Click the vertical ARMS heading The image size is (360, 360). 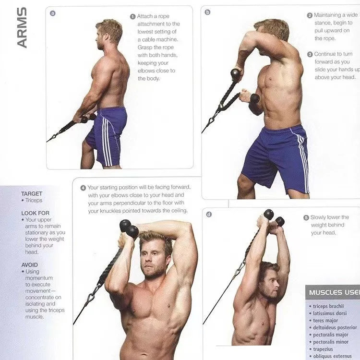[x=22, y=27]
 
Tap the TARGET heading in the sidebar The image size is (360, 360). [x=32, y=194]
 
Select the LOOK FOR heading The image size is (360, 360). [x=35, y=213]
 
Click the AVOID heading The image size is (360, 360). [x=29, y=264]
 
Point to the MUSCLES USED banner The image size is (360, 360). [x=332, y=292]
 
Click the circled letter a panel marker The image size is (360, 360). [x=53, y=13]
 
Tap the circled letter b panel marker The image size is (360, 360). [x=207, y=12]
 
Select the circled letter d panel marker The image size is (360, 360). [x=209, y=214]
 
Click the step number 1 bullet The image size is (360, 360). [x=132, y=16]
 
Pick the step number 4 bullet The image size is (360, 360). [x=83, y=188]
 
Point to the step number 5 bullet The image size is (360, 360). [x=306, y=217]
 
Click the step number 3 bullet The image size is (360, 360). [x=310, y=54]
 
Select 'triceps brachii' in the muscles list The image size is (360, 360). [x=329, y=306]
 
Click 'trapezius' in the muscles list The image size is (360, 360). [x=325, y=349]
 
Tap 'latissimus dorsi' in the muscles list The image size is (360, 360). [x=330, y=313]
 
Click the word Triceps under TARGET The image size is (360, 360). [x=34, y=201]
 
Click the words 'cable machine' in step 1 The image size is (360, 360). [x=153, y=39]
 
